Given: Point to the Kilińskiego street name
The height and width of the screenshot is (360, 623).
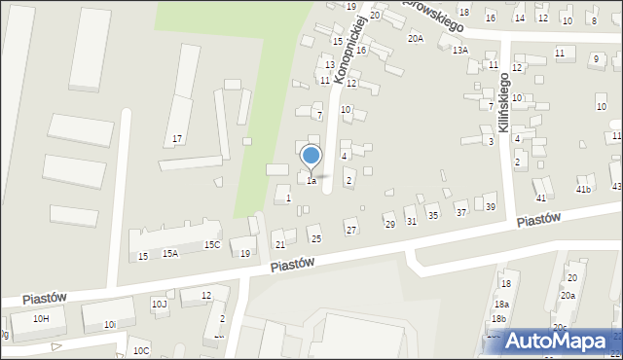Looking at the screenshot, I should [x=504, y=102].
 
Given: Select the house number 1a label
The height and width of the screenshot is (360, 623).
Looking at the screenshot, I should [x=311, y=181].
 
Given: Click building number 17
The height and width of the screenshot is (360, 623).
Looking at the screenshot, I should [x=177, y=139].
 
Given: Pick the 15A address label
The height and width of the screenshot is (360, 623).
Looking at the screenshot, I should [x=170, y=253].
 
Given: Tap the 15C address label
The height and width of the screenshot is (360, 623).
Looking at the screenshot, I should [x=211, y=245].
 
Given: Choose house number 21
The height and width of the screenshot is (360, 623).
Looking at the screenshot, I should [x=279, y=244].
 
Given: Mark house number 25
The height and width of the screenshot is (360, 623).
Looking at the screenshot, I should [x=315, y=238].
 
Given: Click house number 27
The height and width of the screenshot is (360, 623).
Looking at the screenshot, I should [x=351, y=230].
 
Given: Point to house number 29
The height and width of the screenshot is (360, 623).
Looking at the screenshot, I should [x=389, y=225].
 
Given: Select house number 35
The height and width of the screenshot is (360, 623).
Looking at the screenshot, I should [x=433, y=215].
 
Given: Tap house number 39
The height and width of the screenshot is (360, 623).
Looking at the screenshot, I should [x=491, y=207].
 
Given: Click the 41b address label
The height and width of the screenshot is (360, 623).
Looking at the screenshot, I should [x=584, y=189].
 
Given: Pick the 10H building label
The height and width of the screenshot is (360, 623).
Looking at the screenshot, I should [x=41, y=318].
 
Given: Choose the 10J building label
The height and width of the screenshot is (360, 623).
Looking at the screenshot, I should [x=160, y=304].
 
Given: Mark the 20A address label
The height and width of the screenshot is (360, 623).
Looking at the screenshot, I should [x=416, y=39].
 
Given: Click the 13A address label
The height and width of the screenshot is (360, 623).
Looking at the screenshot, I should [x=459, y=50].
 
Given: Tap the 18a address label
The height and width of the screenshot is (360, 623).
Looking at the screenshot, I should [x=501, y=304].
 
